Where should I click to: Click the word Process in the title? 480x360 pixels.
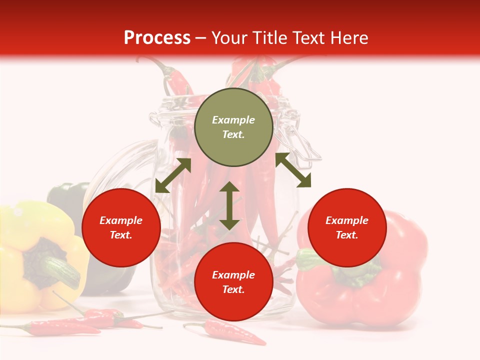coord(157,38)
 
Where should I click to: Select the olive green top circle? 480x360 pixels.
coord(233,127)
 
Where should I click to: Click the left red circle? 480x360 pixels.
coord(121,227)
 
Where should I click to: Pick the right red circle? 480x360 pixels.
coord(347,227)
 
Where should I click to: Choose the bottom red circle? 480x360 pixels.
coord(233,282)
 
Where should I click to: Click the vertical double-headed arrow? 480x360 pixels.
coord(229,205)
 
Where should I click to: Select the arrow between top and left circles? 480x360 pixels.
coord(173,175)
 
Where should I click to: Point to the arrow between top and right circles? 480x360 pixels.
coord(293,170)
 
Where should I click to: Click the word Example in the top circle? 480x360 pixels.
coord(233,120)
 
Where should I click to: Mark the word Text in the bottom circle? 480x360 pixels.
coord(233,289)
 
